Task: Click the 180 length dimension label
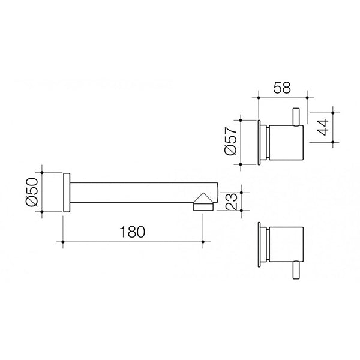click(x=132, y=231)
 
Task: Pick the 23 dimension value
click(x=230, y=200)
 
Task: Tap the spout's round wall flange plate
click(x=67, y=192)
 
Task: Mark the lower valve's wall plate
click(x=259, y=245)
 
